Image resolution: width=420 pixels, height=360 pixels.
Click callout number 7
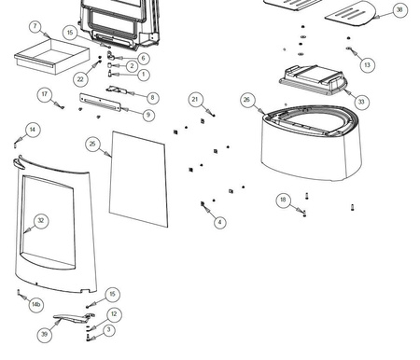(35, 26)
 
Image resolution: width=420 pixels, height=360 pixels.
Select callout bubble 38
(399, 10)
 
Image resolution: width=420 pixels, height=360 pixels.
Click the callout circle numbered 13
(367, 65)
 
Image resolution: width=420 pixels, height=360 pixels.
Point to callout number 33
(361, 102)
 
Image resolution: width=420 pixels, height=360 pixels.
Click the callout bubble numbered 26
(246, 100)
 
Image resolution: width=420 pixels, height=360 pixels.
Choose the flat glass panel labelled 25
(138, 179)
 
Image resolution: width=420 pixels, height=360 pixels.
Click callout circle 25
(92, 144)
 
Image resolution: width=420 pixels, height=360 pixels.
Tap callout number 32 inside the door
(41, 221)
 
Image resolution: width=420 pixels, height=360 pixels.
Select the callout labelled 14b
(36, 304)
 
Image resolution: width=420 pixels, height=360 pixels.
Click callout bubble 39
(44, 335)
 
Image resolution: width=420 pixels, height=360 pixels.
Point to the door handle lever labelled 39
(74, 317)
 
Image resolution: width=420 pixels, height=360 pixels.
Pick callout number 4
(220, 222)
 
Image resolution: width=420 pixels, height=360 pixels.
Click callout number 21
(195, 100)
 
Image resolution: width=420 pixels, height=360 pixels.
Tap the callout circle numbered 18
(283, 200)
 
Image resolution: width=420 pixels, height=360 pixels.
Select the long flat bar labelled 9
(100, 103)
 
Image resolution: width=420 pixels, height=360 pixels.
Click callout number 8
(152, 98)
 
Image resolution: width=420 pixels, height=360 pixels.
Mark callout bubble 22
(80, 79)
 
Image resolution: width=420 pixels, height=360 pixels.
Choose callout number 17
(45, 94)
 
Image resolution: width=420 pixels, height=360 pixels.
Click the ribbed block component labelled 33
(313, 80)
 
